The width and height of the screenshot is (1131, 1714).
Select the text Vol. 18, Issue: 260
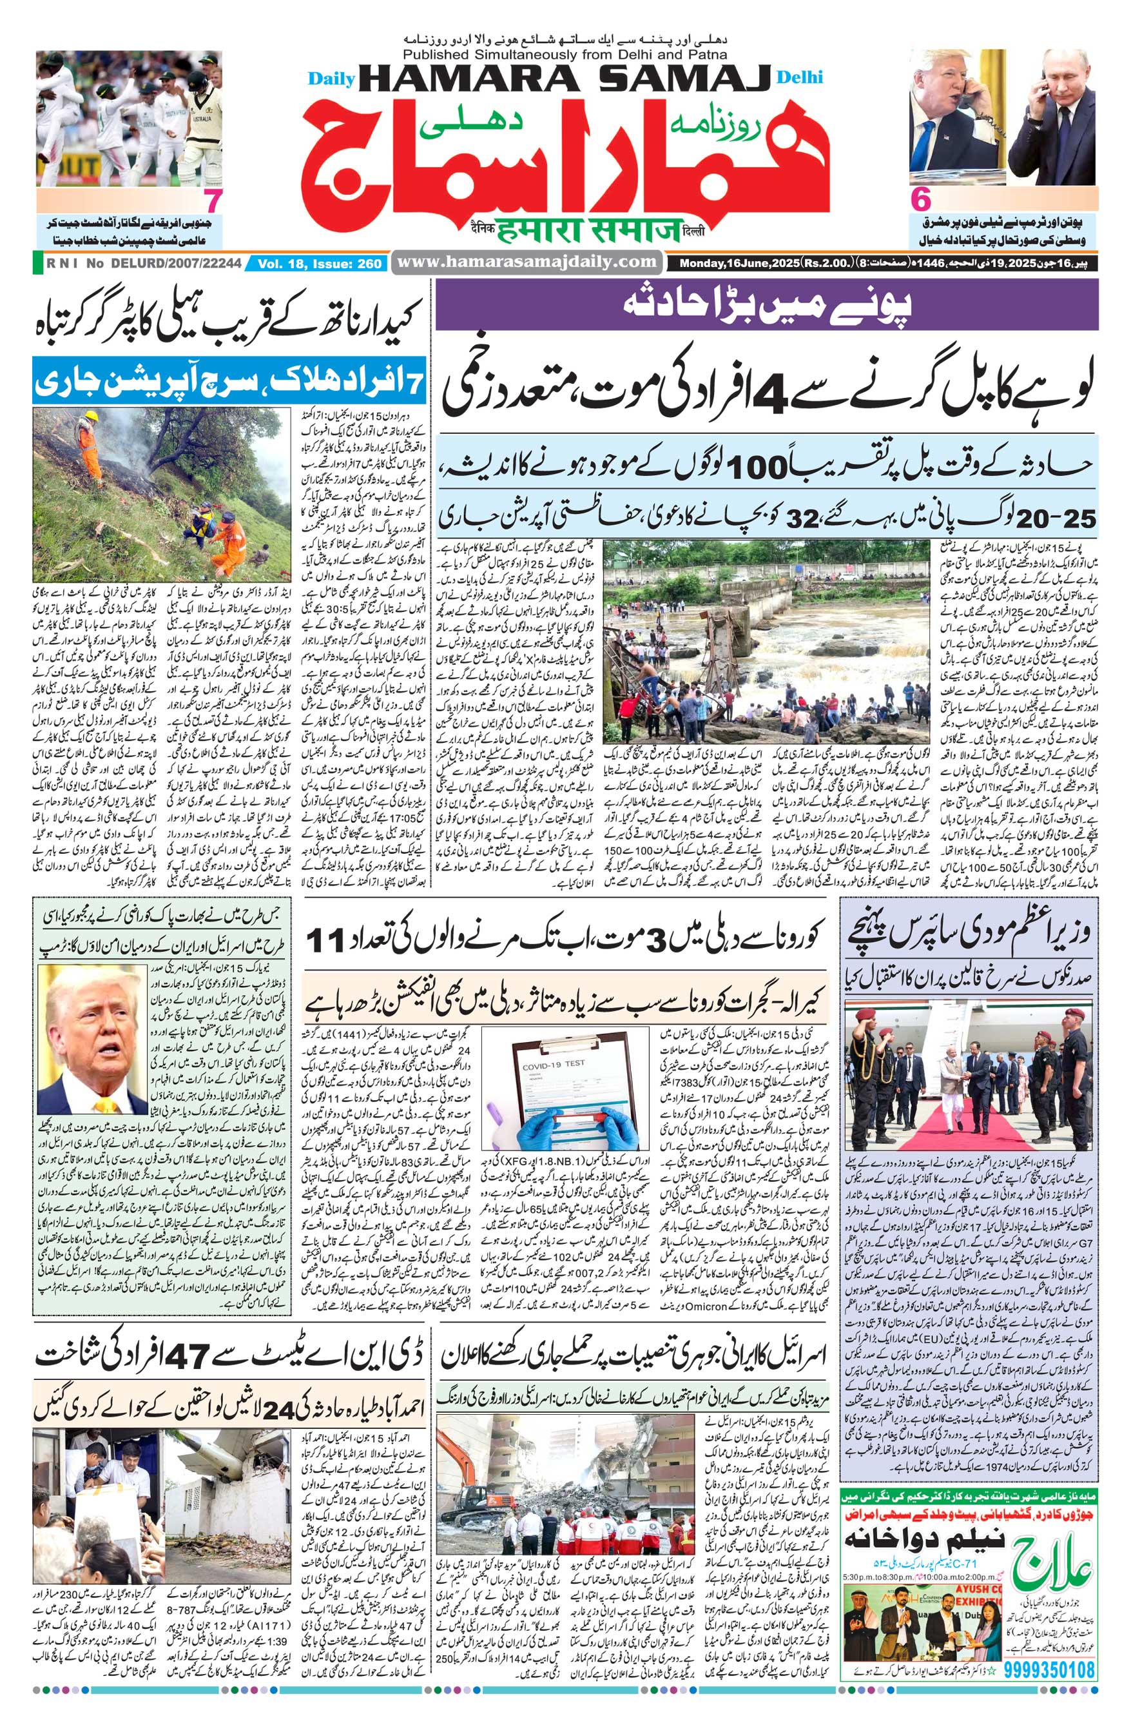click(x=319, y=264)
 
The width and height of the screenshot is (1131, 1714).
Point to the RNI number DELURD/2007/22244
click(x=175, y=264)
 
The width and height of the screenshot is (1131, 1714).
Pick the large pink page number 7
click(x=213, y=199)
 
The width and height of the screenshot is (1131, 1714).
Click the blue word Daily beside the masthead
click(x=331, y=79)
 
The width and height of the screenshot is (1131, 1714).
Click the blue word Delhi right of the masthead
click(x=800, y=78)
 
